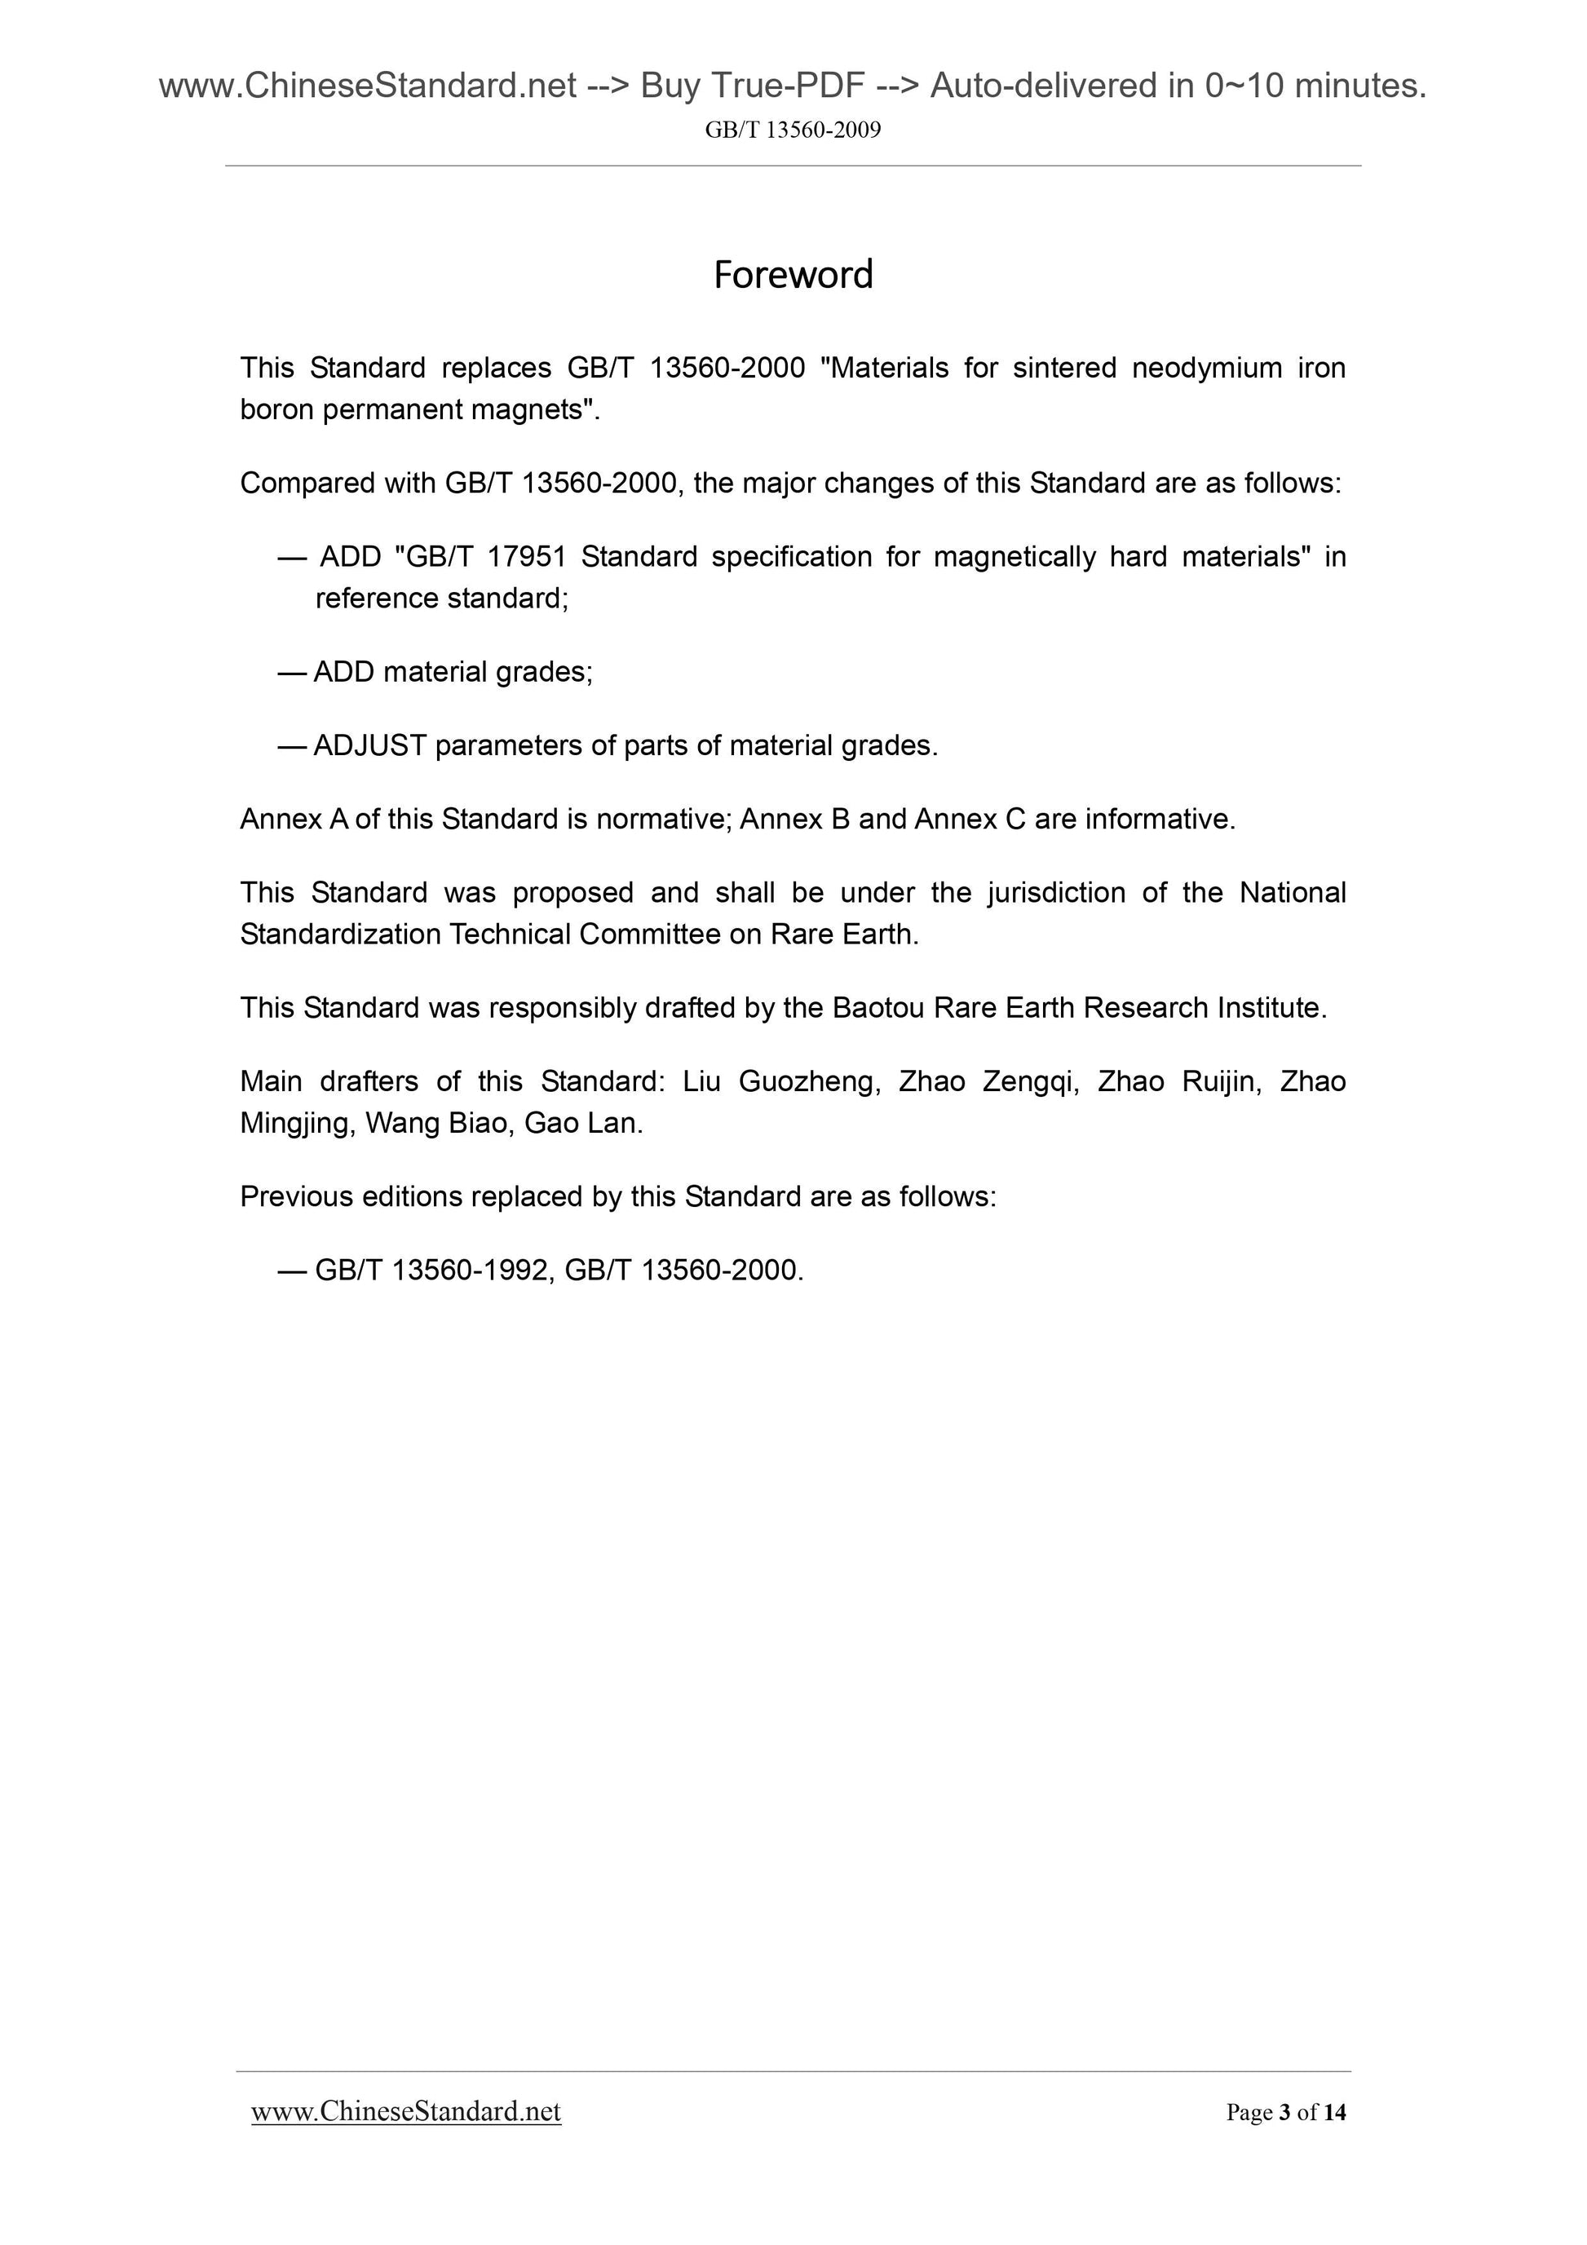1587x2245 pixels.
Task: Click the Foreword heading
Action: click(x=792, y=275)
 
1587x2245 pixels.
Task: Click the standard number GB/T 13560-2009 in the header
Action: click(x=792, y=130)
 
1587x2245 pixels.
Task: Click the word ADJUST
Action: click(x=369, y=746)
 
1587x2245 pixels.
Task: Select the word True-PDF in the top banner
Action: click(x=788, y=86)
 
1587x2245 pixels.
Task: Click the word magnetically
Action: click(x=1013, y=556)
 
